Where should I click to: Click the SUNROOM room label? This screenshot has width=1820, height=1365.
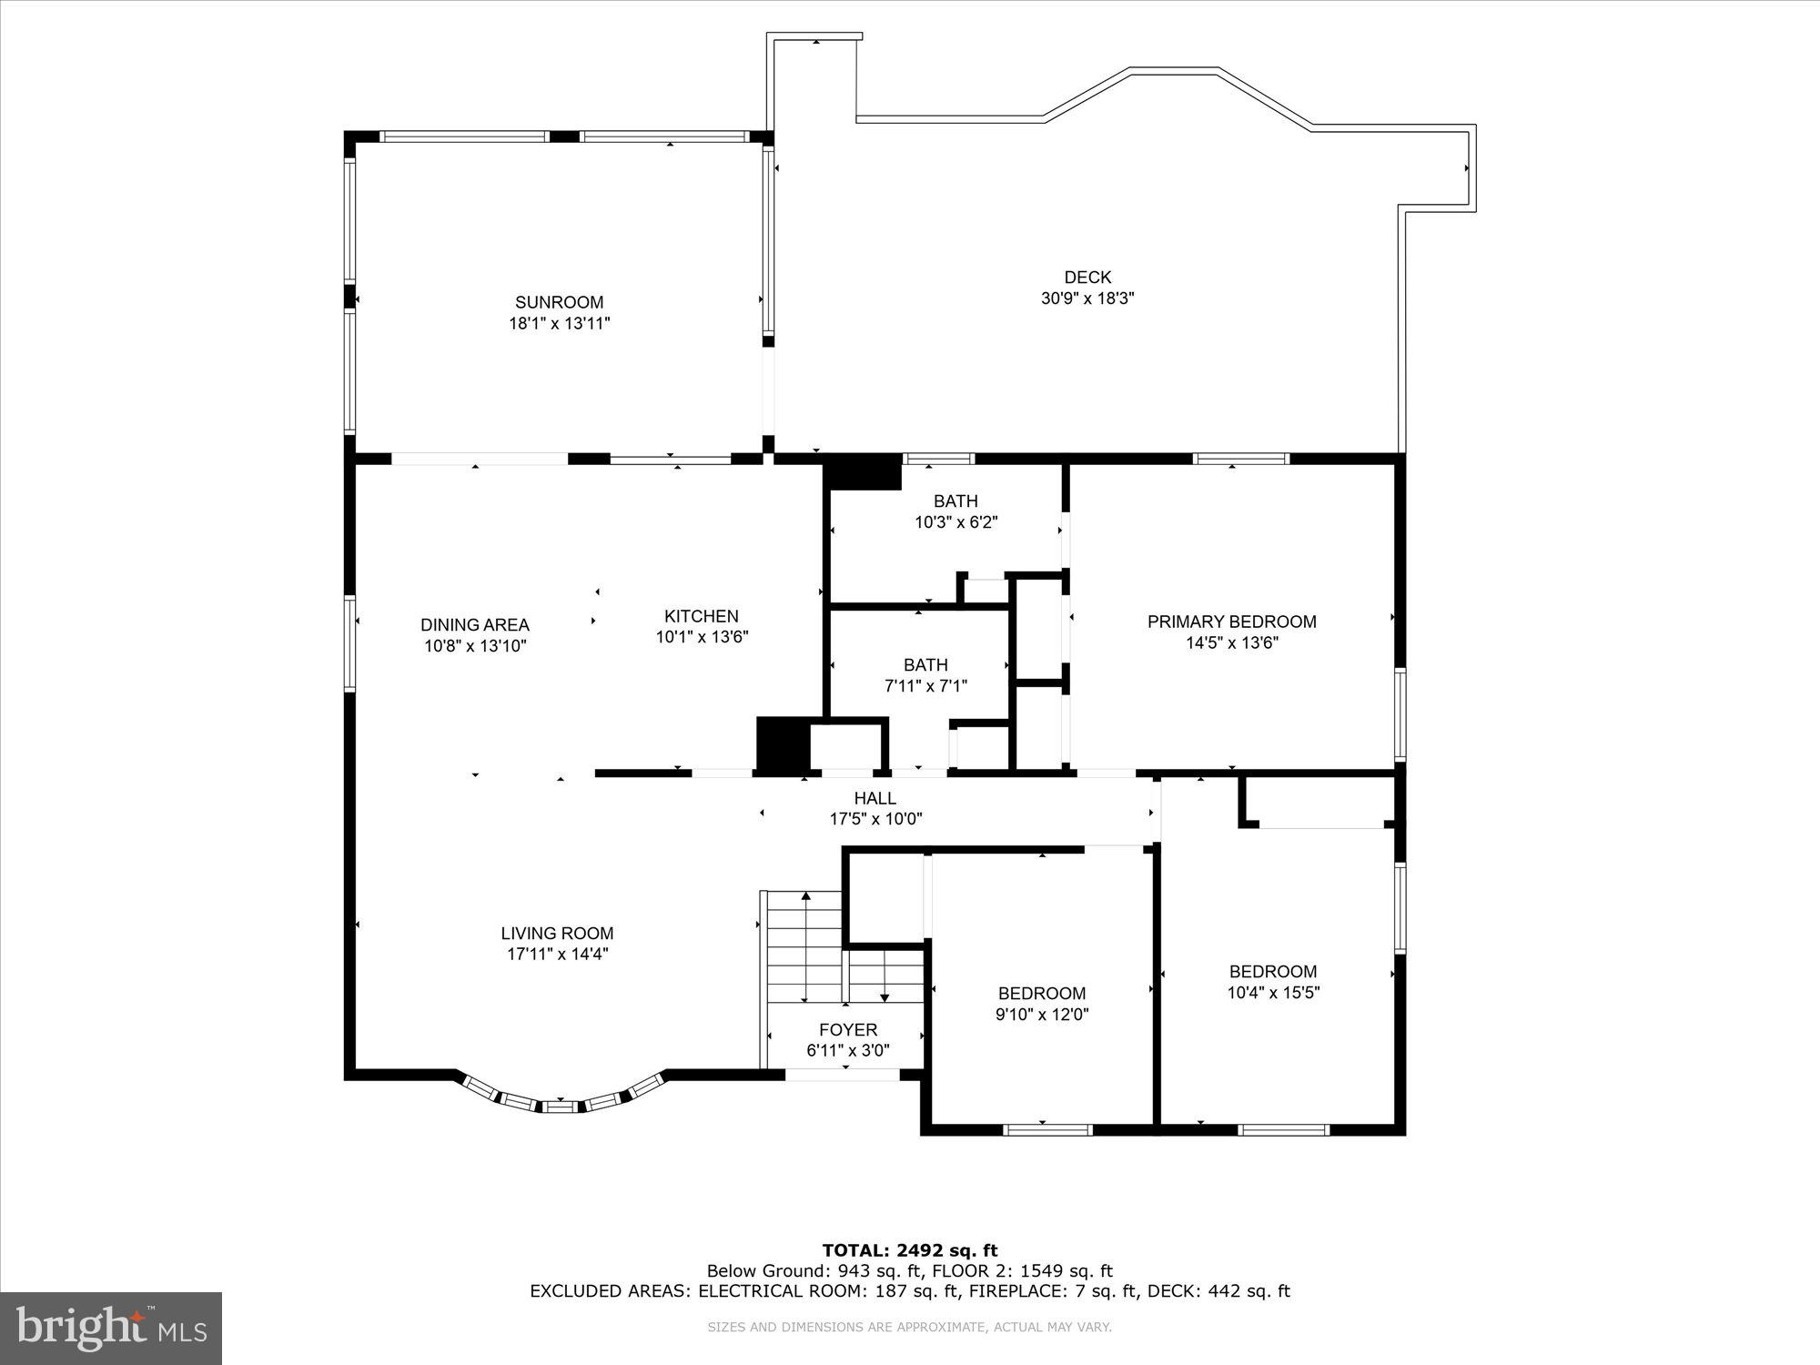coord(559,302)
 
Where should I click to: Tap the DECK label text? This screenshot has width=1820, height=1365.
coord(1087,278)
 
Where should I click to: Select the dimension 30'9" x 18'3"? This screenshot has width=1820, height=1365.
coord(1087,298)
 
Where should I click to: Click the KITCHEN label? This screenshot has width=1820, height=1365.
coord(701,616)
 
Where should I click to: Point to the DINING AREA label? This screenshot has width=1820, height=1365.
coord(475,625)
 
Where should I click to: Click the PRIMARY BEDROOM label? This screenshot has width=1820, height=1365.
coord(1231,622)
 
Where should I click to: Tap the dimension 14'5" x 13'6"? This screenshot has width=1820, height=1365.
coord(1231,643)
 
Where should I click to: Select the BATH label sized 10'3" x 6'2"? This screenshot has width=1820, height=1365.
coord(955,501)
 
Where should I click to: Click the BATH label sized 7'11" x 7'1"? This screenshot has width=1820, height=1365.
coord(925,665)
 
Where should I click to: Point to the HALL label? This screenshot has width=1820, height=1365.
coord(875,798)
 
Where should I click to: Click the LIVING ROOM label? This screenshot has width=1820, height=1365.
coord(557,934)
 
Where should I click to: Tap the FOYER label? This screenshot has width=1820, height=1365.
coord(848,1029)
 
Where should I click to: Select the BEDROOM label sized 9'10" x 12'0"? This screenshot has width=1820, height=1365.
coord(1042,994)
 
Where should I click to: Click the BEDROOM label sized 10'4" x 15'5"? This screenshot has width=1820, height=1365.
coord(1273,972)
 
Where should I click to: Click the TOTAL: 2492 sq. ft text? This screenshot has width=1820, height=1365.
coord(910,1250)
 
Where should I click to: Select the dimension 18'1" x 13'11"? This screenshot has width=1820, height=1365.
coord(559,323)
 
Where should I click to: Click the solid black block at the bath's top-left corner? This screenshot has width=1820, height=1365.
coord(862,471)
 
